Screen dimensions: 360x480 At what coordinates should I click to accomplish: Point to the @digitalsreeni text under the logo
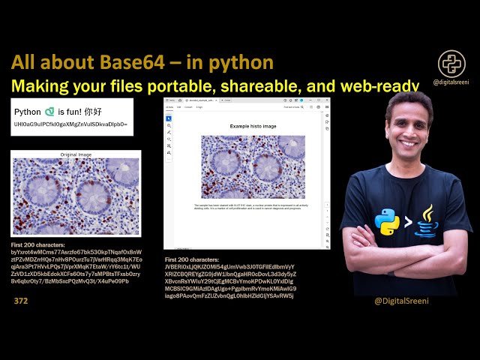point(452,82)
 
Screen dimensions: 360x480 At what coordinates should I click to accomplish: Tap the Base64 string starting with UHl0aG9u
point(70,123)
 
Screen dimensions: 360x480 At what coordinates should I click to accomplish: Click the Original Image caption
point(75,154)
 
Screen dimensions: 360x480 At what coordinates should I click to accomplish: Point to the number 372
point(20,301)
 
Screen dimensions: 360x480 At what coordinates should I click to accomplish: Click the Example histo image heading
point(253,126)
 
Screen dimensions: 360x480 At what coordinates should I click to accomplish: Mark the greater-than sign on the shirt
point(407,222)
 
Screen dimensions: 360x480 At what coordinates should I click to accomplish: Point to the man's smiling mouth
point(409,142)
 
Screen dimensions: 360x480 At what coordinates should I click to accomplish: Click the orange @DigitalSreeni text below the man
point(400,301)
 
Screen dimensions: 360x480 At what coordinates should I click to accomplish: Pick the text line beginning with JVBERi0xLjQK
point(229,267)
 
